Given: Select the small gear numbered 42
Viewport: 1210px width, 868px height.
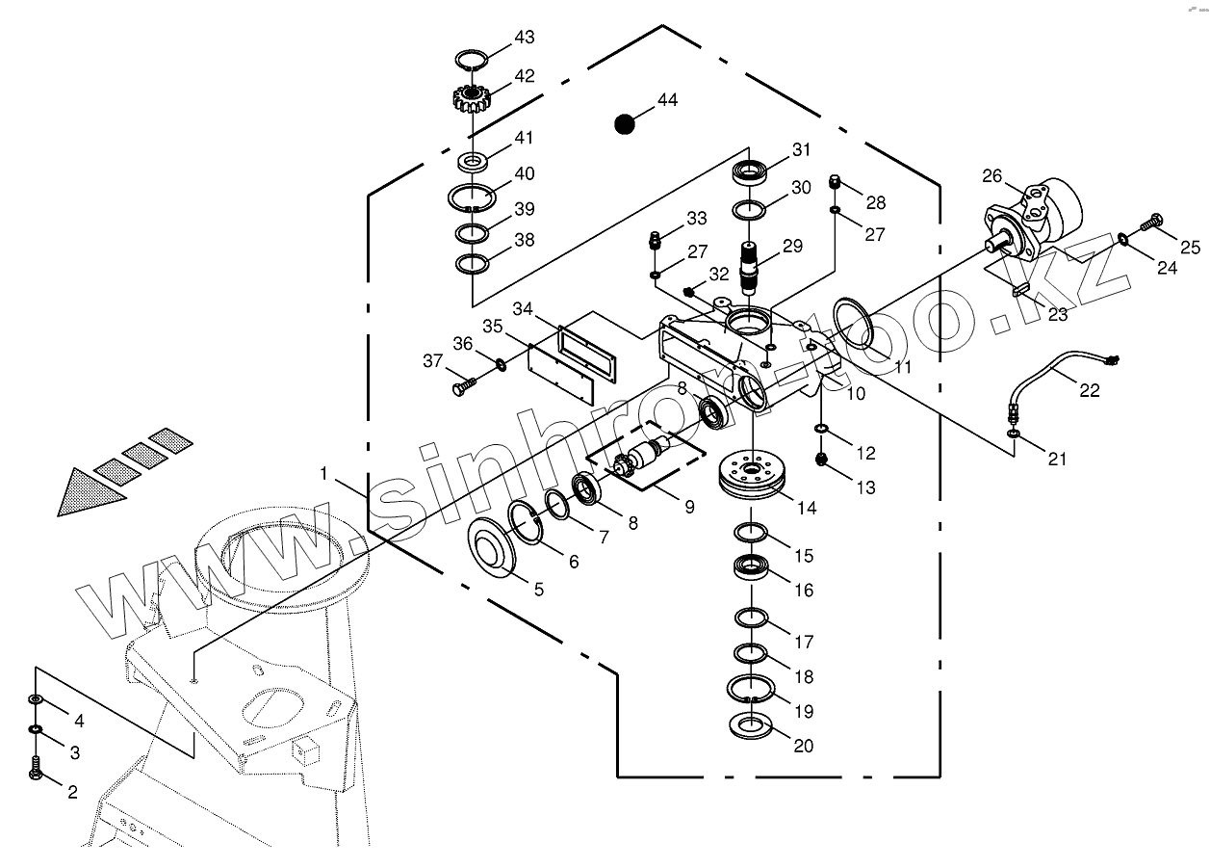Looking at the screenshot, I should click(471, 98).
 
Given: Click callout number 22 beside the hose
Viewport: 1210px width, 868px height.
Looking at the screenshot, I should click(1089, 389).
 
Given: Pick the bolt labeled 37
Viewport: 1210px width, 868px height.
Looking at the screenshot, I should click(461, 386).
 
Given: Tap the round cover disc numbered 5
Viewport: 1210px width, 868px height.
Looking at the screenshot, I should click(495, 548).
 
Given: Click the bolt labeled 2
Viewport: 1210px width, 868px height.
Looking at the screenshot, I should click(36, 770).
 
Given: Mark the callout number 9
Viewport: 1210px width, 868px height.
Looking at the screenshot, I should click(689, 506).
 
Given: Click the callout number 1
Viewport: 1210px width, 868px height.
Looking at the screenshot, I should click(324, 474).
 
